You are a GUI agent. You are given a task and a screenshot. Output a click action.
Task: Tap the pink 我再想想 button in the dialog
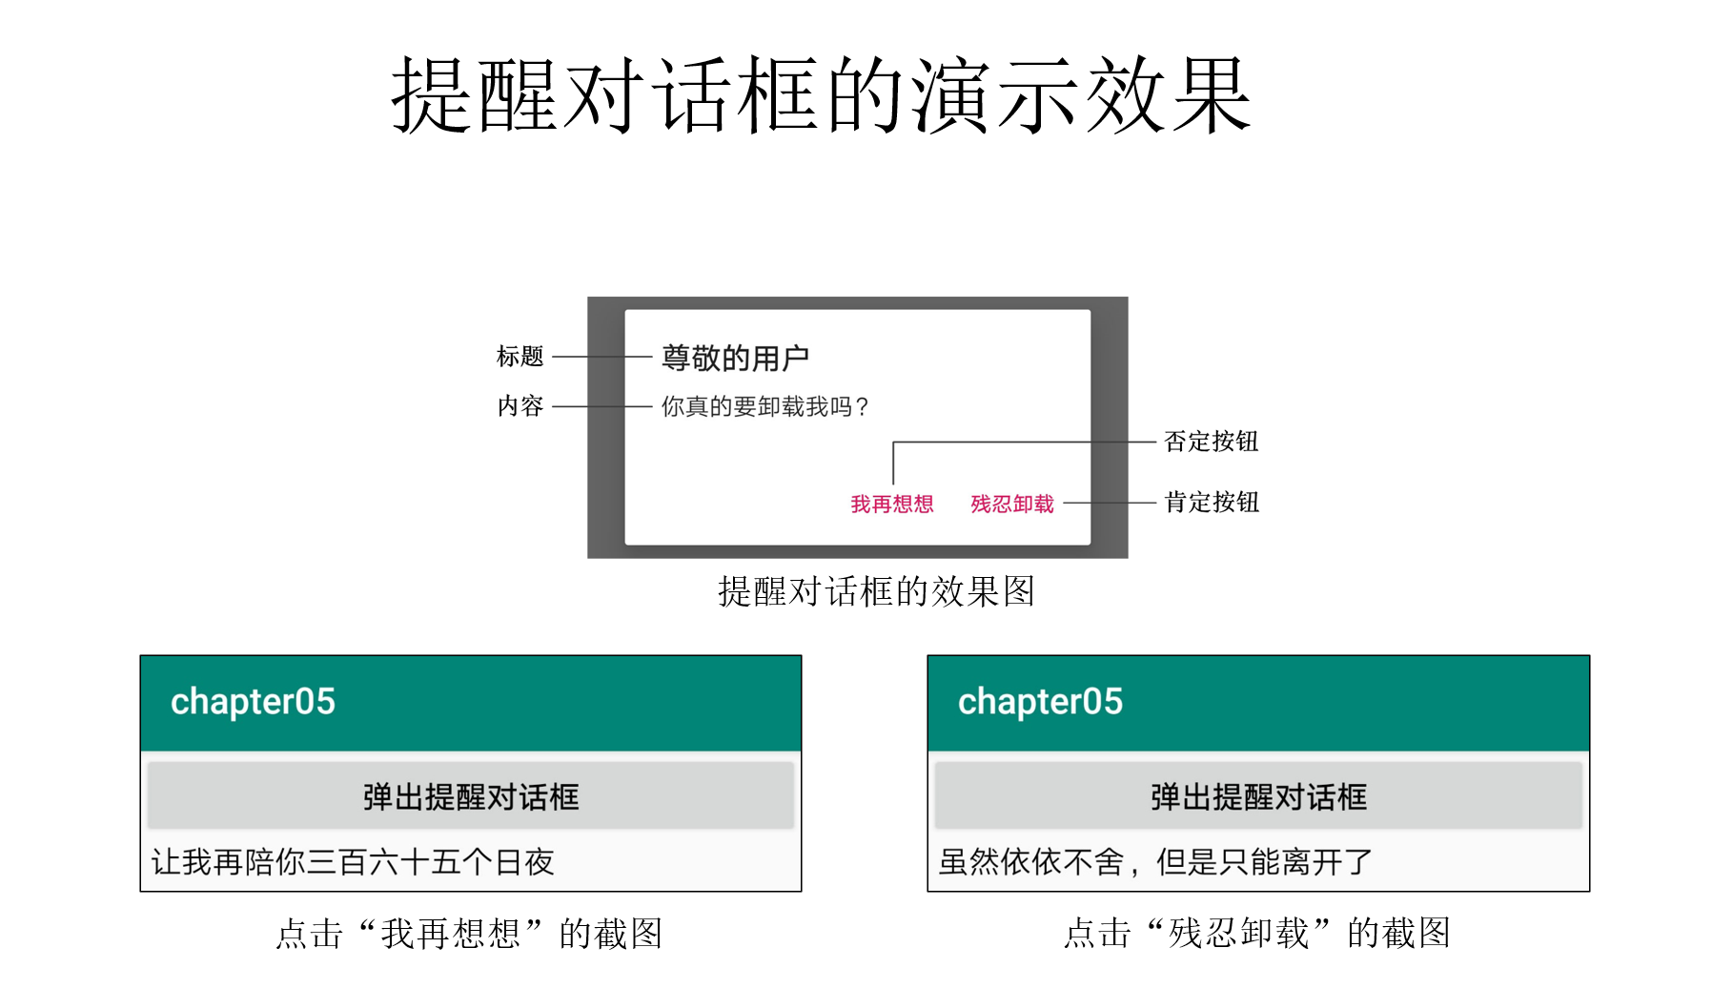[x=891, y=504]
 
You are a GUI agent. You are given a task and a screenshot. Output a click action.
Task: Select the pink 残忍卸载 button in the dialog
[x=1011, y=504]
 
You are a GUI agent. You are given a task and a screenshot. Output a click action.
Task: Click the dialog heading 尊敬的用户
[x=735, y=359]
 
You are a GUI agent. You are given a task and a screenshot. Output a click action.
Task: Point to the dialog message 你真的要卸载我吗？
[x=764, y=407]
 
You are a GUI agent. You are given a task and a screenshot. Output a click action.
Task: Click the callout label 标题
[x=520, y=357]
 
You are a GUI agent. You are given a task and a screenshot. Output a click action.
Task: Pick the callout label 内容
[x=520, y=406]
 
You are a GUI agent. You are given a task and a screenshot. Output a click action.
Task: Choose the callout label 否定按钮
[x=1211, y=442]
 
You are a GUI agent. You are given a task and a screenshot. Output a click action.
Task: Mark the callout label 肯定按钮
[x=1211, y=503]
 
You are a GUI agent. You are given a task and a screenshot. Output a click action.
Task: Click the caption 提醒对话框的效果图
[x=875, y=591]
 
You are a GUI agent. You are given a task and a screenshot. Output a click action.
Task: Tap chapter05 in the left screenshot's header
[x=253, y=702]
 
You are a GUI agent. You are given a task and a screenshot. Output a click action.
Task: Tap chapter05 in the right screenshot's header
[x=1040, y=702]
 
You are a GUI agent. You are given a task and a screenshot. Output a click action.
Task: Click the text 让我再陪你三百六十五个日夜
[x=353, y=862]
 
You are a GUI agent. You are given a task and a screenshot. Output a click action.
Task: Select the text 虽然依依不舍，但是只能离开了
[x=1155, y=862]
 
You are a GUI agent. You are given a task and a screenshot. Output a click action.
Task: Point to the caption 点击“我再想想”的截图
[x=469, y=934]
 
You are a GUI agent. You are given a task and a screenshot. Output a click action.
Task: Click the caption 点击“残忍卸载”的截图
[x=1256, y=934]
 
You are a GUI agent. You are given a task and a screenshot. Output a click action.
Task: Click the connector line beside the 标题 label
[x=601, y=357]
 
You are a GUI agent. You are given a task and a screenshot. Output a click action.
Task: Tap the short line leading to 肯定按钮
[x=1109, y=503]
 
